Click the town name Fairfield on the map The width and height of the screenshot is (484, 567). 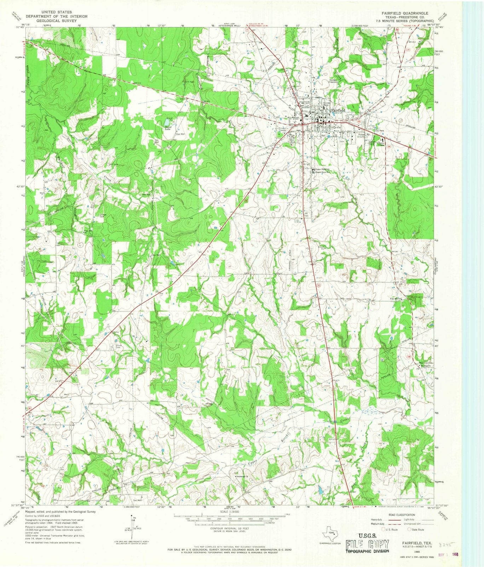point(338,111)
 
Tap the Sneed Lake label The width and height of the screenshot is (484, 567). point(168,128)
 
